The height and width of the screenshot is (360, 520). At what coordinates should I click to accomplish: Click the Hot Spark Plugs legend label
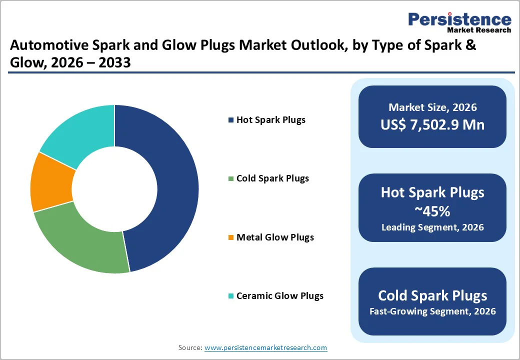270,120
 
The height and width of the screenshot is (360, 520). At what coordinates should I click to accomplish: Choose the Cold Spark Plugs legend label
272,178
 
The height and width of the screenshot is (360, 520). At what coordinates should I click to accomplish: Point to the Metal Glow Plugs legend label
275,237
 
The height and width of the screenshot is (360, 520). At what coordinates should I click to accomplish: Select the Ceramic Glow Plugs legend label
279,296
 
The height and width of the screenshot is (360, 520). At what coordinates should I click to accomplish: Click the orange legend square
230,237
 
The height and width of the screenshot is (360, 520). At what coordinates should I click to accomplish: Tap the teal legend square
230,296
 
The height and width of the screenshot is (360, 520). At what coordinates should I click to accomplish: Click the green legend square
230,178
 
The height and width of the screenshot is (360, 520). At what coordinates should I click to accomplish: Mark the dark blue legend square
230,120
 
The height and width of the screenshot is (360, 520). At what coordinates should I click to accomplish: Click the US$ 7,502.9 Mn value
432,124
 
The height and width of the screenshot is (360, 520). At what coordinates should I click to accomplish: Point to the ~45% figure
432,211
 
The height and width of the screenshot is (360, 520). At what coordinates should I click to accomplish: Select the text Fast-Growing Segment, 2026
432,311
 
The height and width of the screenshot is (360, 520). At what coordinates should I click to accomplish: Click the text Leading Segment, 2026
432,227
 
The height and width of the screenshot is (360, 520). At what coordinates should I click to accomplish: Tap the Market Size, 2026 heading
432,107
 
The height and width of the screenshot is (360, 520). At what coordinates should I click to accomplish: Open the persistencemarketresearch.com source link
265,347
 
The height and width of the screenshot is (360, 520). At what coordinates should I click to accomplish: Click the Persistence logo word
459,19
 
